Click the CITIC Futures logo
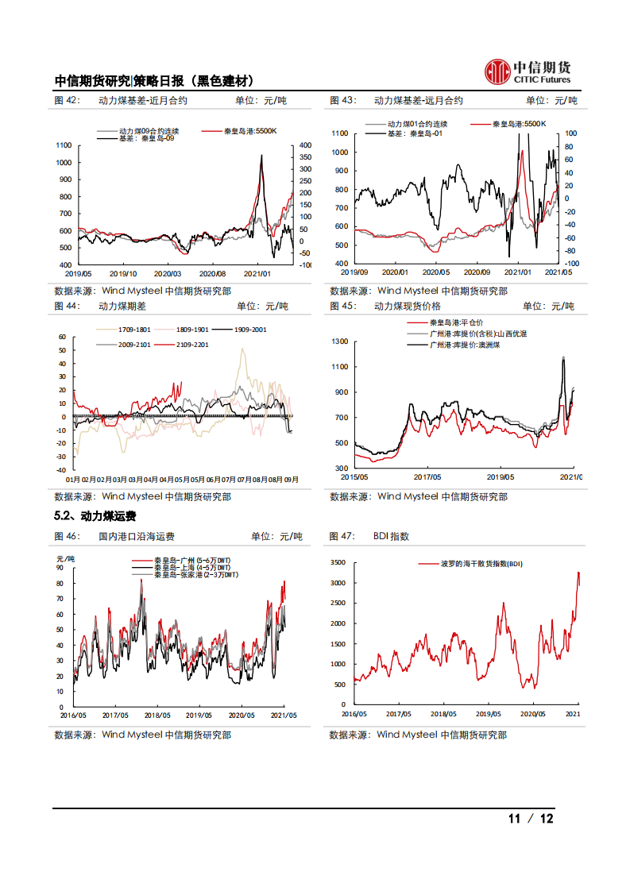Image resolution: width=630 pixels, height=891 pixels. point(528,71)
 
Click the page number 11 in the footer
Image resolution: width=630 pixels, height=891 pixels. point(514,819)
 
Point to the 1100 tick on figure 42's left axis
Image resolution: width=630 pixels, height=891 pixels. point(64,145)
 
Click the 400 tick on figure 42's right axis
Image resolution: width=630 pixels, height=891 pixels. point(304,145)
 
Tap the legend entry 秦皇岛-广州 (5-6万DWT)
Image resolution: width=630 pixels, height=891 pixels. point(192,561)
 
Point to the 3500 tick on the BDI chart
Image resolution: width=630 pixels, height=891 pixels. point(338,562)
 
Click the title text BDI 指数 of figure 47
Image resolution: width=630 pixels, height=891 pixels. point(391,537)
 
